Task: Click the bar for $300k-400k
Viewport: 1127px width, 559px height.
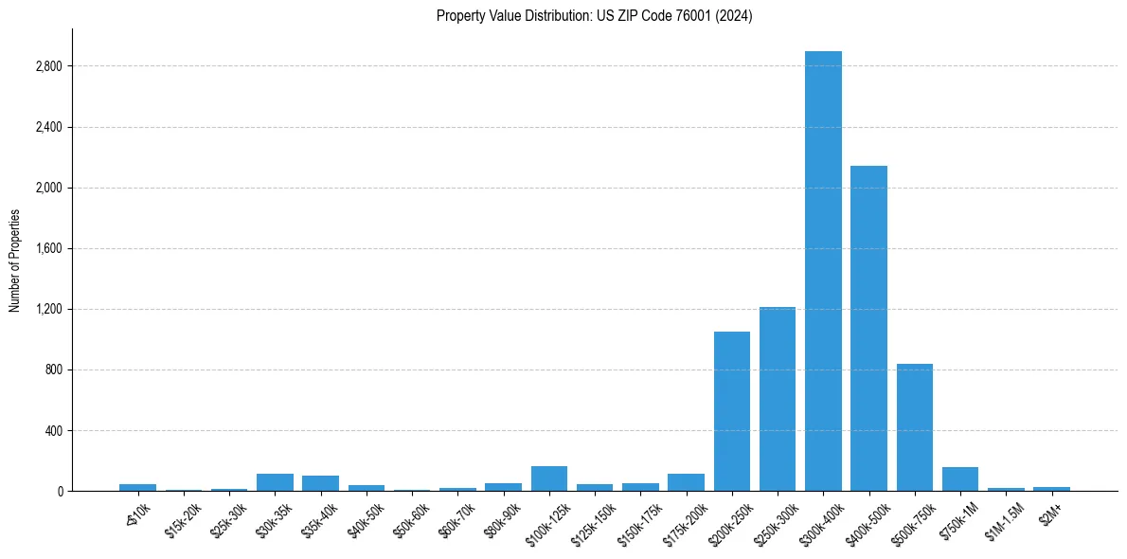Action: [x=823, y=271]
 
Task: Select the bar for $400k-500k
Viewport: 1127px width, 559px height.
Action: [x=868, y=328]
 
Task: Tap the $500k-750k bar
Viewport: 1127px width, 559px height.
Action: [x=915, y=427]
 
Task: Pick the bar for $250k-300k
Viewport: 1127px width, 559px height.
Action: [x=778, y=399]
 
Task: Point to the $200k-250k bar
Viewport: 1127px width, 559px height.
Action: [x=732, y=411]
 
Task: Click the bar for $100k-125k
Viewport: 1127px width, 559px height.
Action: [x=549, y=479]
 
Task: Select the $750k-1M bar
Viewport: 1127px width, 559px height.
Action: [x=960, y=479]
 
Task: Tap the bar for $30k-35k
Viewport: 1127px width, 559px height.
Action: [x=275, y=482]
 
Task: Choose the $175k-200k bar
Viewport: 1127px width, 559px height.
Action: [x=686, y=482]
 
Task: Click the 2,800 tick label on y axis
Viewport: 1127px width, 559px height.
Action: [x=48, y=66]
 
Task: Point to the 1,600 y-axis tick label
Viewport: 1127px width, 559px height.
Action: [x=48, y=248]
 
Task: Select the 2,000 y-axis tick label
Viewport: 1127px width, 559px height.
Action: [x=48, y=188]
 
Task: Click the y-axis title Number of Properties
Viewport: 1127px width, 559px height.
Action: [x=14, y=261]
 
